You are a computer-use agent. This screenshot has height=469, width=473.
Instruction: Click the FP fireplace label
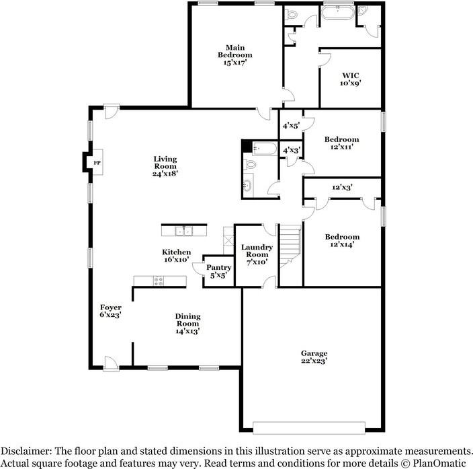[97, 163]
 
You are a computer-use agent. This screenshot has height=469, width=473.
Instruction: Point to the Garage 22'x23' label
[314, 357]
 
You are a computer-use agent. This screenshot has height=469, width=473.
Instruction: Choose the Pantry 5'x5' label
[218, 270]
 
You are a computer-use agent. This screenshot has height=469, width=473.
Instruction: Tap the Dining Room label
[187, 324]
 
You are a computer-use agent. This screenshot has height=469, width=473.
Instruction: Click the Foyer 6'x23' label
[111, 311]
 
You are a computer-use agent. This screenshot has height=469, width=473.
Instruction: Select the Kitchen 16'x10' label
[176, 254]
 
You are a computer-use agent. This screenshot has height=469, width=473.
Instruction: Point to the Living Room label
[165, 166]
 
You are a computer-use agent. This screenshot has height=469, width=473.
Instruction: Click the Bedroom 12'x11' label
[341, 143]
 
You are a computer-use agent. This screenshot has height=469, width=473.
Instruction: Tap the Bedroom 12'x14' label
[342, 240]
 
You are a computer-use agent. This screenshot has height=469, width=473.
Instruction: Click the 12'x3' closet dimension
[343, 188]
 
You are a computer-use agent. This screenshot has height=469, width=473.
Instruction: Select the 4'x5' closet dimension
[291, 125]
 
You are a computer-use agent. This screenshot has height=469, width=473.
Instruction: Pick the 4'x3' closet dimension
[291, 150]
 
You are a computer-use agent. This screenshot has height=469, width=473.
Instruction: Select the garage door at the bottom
[309, 427]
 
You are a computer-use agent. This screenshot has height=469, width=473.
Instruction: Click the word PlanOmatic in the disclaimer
[440, 464]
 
